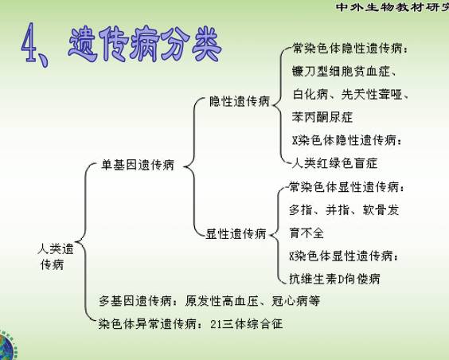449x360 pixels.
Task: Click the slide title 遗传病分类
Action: pos(145,44)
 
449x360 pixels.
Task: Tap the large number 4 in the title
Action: pos(29,42)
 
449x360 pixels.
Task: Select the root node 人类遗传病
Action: pos(55,256)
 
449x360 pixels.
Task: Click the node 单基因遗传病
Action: pos(138,165)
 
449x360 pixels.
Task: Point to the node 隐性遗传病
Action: pos(240,101)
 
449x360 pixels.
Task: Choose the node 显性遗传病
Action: pos(236,233)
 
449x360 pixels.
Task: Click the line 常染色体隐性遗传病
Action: pos(350,49)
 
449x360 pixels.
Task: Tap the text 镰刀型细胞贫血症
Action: pos(342,72)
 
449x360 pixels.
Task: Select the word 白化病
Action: pos(310,94)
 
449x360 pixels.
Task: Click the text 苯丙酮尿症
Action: pos(322,117)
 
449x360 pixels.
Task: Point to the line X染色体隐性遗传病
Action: pos(347,140)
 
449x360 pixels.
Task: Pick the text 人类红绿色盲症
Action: pos(334,163)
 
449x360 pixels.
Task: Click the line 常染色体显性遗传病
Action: pos(346,187)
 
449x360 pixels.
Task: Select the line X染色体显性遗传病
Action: pos(344,256)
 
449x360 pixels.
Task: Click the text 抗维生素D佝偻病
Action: pos(334,279)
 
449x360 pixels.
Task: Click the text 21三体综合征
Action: pos(247,324)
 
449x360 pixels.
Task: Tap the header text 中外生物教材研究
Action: pos(392,7)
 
